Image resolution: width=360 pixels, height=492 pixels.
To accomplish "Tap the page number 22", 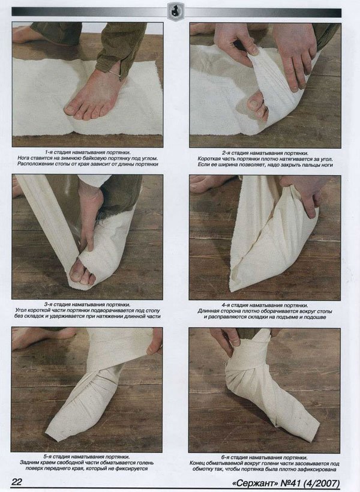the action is click(x=16, y=482).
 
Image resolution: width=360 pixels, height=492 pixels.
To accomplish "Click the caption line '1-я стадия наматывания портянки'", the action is click(x=88, y=152).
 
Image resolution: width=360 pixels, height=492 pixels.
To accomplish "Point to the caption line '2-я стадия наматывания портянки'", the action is click(x=265, y=153).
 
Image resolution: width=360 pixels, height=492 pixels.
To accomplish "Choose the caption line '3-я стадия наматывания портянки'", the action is click(x=87, y=304).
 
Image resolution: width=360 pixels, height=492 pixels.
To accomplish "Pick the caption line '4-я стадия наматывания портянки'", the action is click(x=265, y=305).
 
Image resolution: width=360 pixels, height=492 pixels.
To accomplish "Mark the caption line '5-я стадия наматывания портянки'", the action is click(x=86, y=457).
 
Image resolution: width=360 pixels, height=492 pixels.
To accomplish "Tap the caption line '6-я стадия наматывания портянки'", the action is click(x=264, y=458).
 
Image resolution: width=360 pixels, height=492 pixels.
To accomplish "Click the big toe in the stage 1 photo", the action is click(x=70, y=110).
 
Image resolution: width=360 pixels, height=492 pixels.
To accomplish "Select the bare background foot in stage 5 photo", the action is click(x=38, y=337).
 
